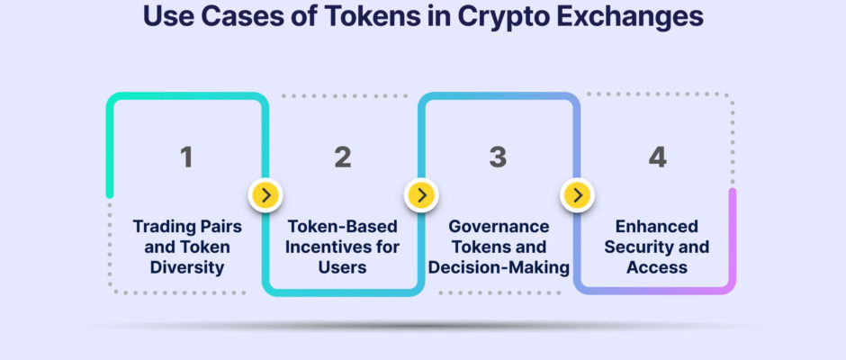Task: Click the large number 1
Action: pyautogui.click(x=186, y=157)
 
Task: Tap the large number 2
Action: pyautogui.click(x=343, y=157)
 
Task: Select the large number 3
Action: pyautogui.click(x=498, y=157)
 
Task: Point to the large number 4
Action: pyautogui.click(x=657, y=157)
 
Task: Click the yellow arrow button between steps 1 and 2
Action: pyautogui.click(x=265, y=194)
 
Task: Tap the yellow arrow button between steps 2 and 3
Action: pyautogui.click(x=421, y=194)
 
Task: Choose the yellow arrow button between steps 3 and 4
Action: pyautogui.click(x=577, y=194)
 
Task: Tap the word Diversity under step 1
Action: pyautogui.click(x=187, y=267)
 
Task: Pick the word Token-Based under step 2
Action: pyautogui.click(x=342, y=226)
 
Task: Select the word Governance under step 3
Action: pyautogui.click(x=499, y=226)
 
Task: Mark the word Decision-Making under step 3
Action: pyautogui.click(x=499, y=267)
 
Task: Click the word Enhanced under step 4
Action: pyautogui.click(x=657, y=226)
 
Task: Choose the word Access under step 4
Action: pyautogui.click(x=657, y=267)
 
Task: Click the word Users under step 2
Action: pyautogui.click(x=342, y=267)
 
